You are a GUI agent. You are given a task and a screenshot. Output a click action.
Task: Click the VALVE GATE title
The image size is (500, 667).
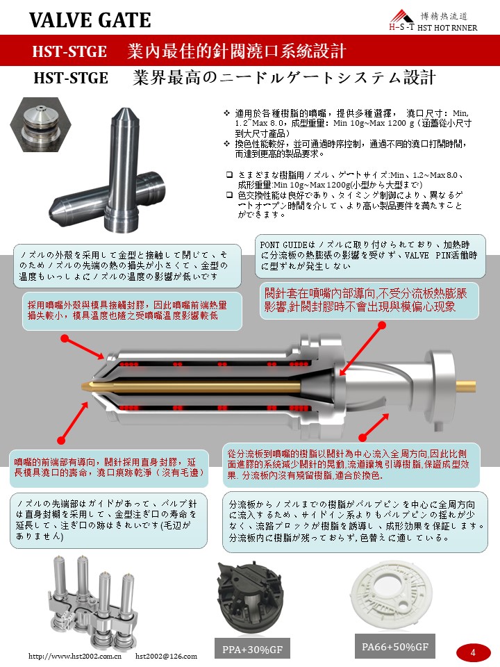pyautogui.click(x=90, y=20)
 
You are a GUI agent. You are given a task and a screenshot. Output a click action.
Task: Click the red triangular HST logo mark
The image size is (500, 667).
pyautogui.click(x=401, y=17)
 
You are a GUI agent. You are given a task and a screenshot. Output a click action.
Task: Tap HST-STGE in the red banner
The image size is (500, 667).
pyautogui.click(x=69, y=51)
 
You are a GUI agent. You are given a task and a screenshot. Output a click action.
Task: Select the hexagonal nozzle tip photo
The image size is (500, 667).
pyautogui.click(x=40, y=124)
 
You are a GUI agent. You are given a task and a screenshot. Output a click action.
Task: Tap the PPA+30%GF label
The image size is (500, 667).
pyautogui.click(x=252, y=649)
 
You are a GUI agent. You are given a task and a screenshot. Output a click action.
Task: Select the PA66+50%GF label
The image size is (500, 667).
pyautogui.click(x=395, y=647)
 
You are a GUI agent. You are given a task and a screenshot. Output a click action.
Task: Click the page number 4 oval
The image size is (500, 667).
pyautogui.click(x=473, y=652)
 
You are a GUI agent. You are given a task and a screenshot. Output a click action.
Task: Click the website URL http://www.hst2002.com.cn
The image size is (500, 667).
pyautogui.click(x=75, y=656)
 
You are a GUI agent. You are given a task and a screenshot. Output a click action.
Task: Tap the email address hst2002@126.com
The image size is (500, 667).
pyautogui.click(x=166, y=656)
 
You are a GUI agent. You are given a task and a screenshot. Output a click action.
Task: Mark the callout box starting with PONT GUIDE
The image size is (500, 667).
pyautogui.click(x=370, y=256)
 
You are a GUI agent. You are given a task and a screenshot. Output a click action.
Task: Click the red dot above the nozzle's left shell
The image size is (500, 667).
pyautogui.click(x=65, y=338)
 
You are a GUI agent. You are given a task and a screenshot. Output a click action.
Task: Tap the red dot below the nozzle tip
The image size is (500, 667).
pyautogui.click(x=62, y=439)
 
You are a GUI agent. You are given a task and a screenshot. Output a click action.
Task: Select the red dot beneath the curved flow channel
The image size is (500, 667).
pyautogui.click(x=362, y=437)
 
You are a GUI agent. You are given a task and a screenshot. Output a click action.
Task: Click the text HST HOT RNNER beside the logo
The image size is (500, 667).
pyautogui.click(x=447, y=28)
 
